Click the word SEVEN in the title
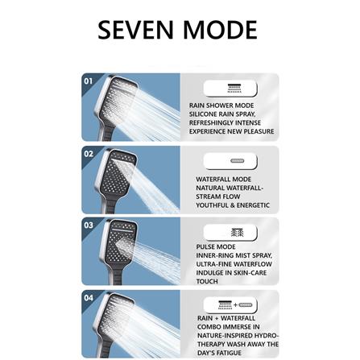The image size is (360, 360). coord(135,30)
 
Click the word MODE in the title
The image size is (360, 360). coord(220,30)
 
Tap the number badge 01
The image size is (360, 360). coord(89,81)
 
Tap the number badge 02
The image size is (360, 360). coord(89,154)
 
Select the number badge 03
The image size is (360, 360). coord(89,225)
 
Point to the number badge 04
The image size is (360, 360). coord(89,298)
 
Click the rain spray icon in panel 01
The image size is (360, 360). coord(234,89)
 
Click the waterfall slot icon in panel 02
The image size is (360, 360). coord(238,161)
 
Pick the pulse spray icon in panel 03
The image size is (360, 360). coord(238,233)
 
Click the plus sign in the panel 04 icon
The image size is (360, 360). coord(235,305)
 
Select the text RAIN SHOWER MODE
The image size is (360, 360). coord(221,106)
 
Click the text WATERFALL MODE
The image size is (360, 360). coord(224,180)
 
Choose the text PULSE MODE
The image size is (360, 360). coord(216,247)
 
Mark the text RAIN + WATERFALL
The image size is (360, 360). coord(226,318)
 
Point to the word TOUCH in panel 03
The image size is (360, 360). coord(207,281)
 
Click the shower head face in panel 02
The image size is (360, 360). coord(118,172)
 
